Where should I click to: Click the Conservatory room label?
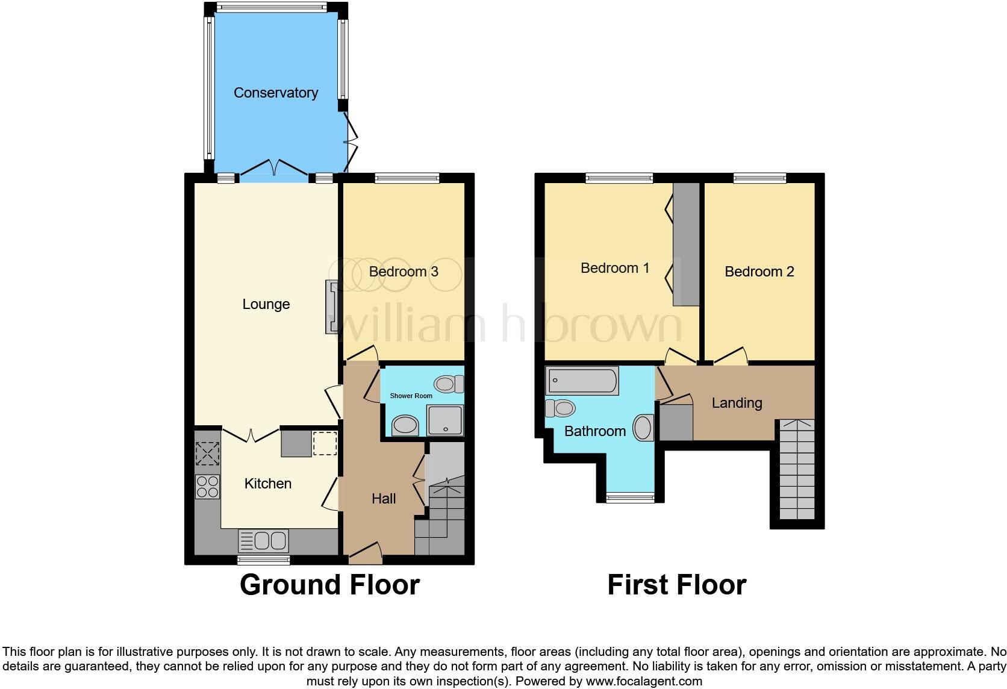(275, 93)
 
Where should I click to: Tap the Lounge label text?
(266, 304)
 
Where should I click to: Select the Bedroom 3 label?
(403, 272)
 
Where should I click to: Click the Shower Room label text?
(411, 396)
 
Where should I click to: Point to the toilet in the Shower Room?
(449, 384)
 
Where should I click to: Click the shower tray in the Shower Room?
(446, 420)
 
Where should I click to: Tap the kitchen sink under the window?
(264, 541)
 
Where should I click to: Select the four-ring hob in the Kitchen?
(207, 487)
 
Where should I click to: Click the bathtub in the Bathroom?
(582, 381)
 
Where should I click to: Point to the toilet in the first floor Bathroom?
(560, 408)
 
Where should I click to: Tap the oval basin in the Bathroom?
(643, 428)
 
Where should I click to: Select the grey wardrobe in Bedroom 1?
(686, 245)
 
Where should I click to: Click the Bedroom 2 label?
(759, 272)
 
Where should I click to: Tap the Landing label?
(737, 403)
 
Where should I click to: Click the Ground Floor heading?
(329, 585)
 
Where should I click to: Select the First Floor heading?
(676, 585)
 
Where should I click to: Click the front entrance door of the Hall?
(365, 552)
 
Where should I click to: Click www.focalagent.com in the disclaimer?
(643, 682)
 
